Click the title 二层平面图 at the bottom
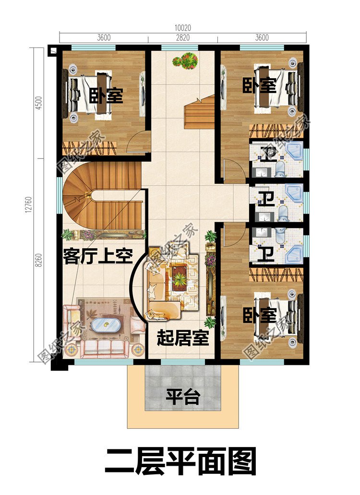(x=180, y=462)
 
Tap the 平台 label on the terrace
(x=183, y=397)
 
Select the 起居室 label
(x=183, y=338)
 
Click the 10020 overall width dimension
(x=183, y=28)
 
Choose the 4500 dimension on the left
(x=40, y=103)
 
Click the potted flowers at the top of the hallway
(x=185, y=60)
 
